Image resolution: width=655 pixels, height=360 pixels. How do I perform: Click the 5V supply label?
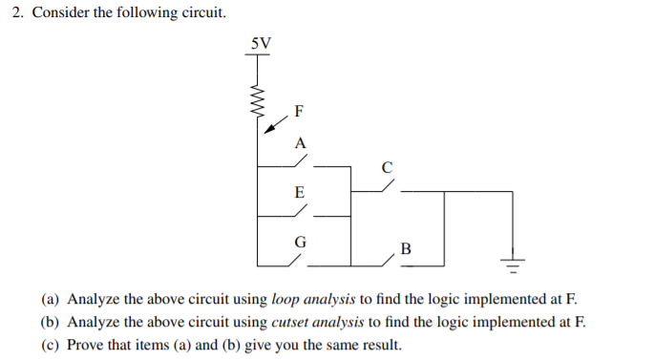(x=260, y=43)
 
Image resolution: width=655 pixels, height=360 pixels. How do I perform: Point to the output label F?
(x=299, y=111)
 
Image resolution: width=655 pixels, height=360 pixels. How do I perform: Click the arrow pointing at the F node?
(x=275, y=125)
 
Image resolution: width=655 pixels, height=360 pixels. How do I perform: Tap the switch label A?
(x=300, y=142)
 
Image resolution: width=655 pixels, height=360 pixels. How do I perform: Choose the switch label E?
(x=300, y=192)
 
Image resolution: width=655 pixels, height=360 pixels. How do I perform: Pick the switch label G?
(x=300, y=242)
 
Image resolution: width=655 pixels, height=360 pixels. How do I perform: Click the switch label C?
(x=386, y=167)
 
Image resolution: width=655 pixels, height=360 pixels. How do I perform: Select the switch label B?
(x=406, y=250)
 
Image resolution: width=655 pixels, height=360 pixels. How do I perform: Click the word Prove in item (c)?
(x=87, y=345)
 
